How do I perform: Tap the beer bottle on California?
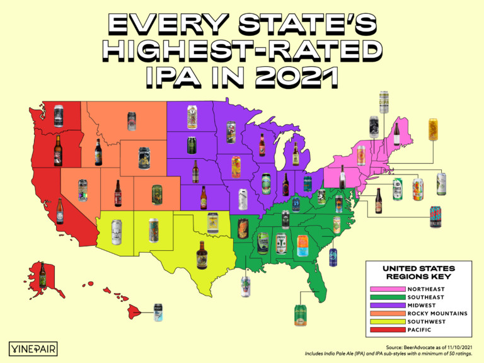point(60,211)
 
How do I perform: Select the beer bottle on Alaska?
point(42,274)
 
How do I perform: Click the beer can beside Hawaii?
point(158,312)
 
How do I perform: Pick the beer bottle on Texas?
point(202,255)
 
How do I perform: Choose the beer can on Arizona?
point(116,231)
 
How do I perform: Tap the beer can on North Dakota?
point(192,117)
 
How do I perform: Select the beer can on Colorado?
point(157,195)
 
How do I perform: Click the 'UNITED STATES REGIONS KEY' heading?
point(418,272)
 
